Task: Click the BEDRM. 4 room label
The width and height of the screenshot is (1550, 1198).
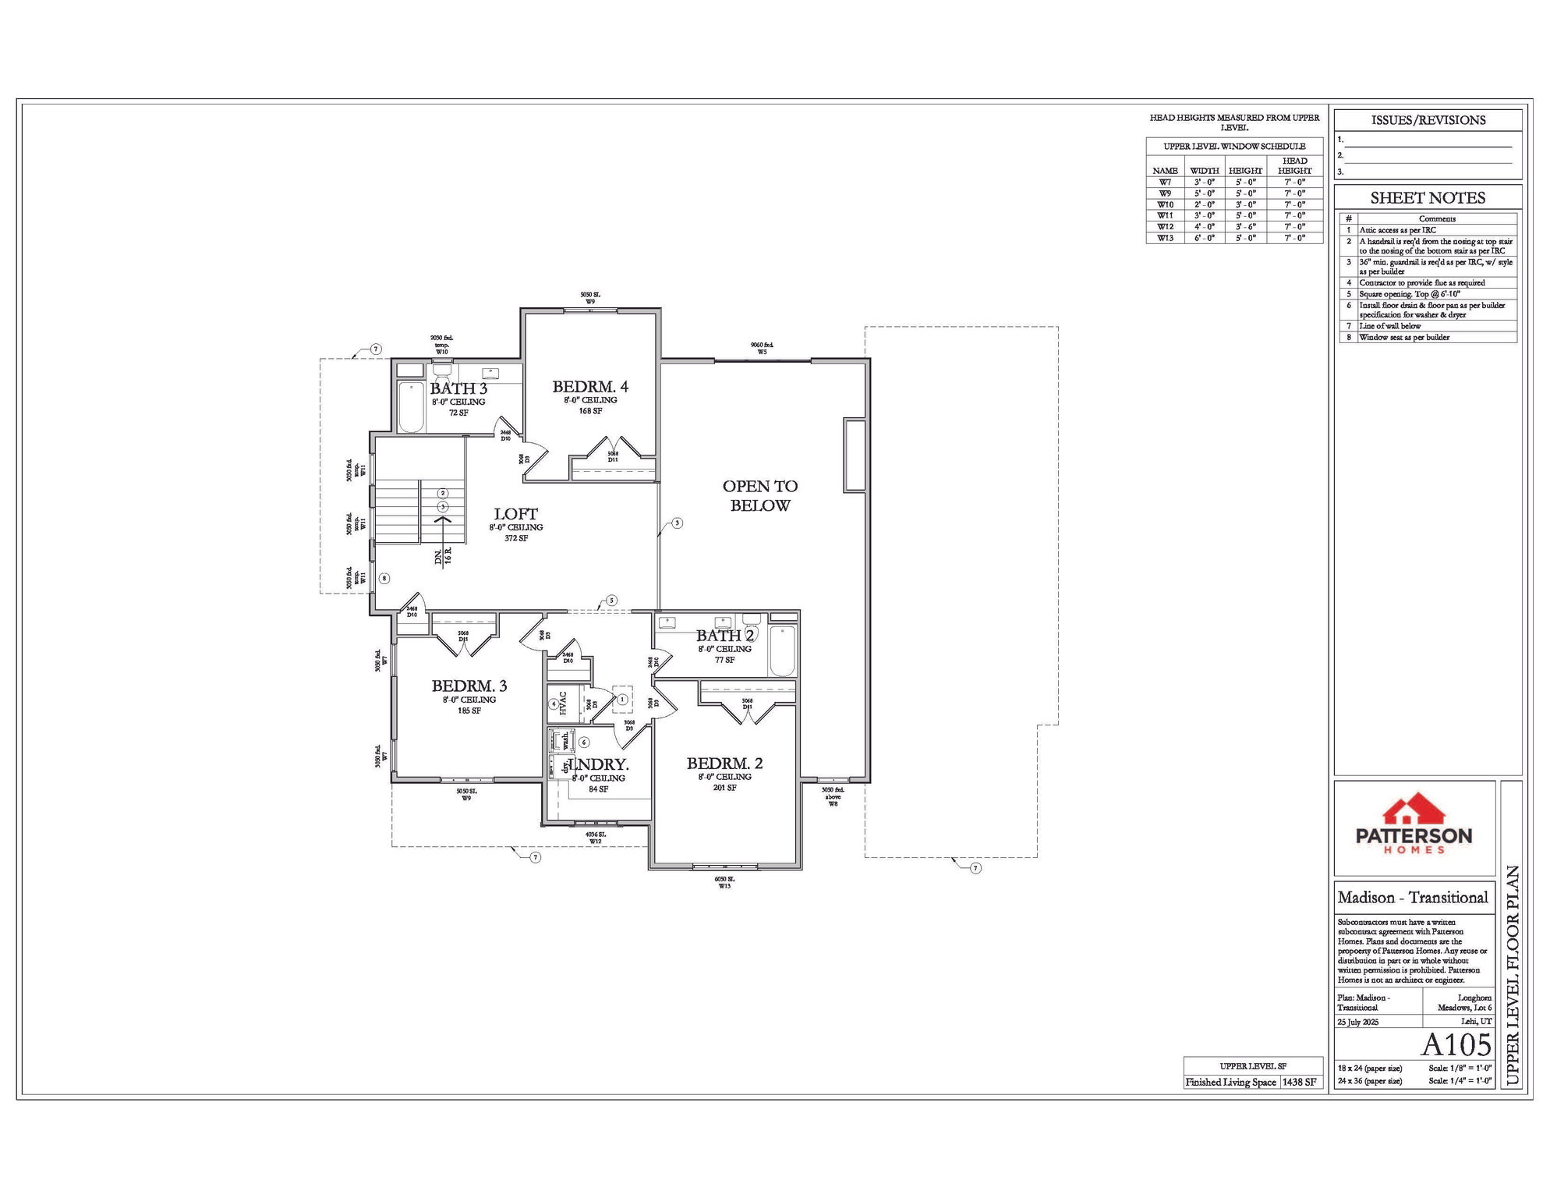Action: coord(590,386)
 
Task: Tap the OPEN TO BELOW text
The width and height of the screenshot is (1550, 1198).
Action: coord(760,495)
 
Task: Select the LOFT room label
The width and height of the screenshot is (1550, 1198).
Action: coord(515,513)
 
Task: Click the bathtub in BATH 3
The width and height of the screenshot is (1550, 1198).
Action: coord(411,406)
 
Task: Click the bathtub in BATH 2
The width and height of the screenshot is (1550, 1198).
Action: coord(782,650)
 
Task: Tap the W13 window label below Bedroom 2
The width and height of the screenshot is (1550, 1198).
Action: coord(724,886)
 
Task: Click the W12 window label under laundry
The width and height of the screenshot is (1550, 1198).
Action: coord(595,842)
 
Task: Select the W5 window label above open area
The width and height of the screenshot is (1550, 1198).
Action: coord(762,352)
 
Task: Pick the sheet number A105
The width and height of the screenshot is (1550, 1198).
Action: coord(1456,1044)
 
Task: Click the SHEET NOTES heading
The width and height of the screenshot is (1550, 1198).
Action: coord(1428,198)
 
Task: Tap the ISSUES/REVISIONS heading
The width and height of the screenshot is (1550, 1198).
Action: coord(1428,120)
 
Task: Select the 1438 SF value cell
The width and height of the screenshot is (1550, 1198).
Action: coord(1299,1082)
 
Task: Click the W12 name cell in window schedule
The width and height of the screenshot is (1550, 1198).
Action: coord(1165,227)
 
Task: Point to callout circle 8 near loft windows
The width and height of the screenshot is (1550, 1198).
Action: coord(384,578)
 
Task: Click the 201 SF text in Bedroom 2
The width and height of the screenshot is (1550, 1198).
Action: coord(724,788)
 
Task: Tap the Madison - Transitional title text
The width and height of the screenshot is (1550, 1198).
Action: coord(1413,898)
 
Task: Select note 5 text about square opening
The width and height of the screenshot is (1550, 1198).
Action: coord(1409,294)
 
